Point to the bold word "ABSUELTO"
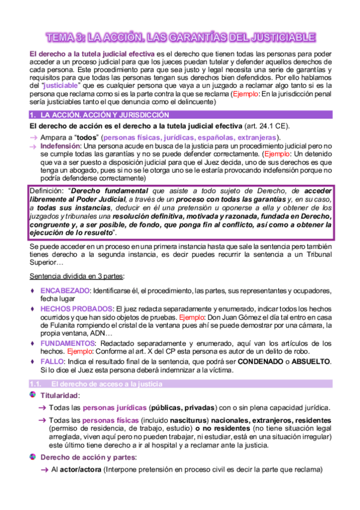[x=309, y=361]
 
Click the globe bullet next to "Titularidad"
[x=32, y=395]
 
